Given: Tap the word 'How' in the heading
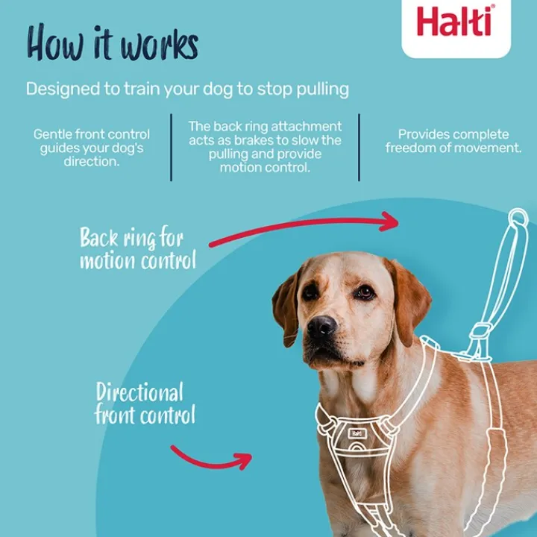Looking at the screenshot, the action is (x=54, y=43).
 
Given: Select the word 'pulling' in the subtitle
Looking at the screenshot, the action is (x=323, y=89).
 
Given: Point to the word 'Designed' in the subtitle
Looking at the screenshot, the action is (x=63, y=89).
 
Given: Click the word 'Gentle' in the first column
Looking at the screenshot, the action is (x=52, y=134).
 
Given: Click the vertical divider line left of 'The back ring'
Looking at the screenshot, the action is (x=172, y=147).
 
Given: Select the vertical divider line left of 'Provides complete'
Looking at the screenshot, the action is (x=359, y=147).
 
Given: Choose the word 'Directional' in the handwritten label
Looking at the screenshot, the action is (x=139, y=392).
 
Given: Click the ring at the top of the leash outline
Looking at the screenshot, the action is (x=518, y=218).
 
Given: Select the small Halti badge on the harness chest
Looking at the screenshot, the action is (x=357, y=433).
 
